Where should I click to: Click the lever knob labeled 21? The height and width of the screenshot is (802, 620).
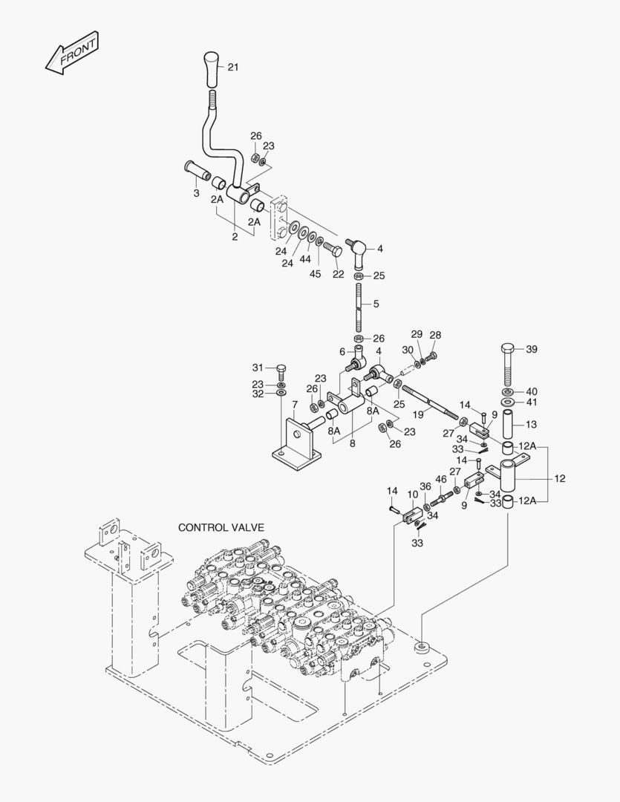click(212, 69)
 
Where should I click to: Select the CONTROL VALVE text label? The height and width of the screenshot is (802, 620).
click(221, 527)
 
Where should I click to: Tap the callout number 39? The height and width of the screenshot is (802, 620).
click(531, 350)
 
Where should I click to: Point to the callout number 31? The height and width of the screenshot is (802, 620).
click(258, 368)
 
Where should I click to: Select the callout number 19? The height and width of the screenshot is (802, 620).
click(418, 414)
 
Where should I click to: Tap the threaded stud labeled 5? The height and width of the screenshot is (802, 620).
click(359, 305)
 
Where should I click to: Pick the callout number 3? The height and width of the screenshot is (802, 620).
click(196, 193)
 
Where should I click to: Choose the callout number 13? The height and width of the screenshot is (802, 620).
click(531, 424)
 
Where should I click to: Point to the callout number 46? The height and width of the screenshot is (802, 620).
click(441, 479)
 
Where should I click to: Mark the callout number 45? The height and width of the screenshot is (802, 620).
click(316, 275)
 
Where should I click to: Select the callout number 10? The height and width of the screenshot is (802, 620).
click(413, 494)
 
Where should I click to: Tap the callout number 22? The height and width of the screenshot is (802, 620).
click(338, 275)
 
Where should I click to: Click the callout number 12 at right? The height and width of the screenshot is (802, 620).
click(559, 479)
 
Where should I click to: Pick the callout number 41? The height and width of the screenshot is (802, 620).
click(531, 402)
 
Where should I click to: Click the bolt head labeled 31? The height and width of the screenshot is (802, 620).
click(281, 368)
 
